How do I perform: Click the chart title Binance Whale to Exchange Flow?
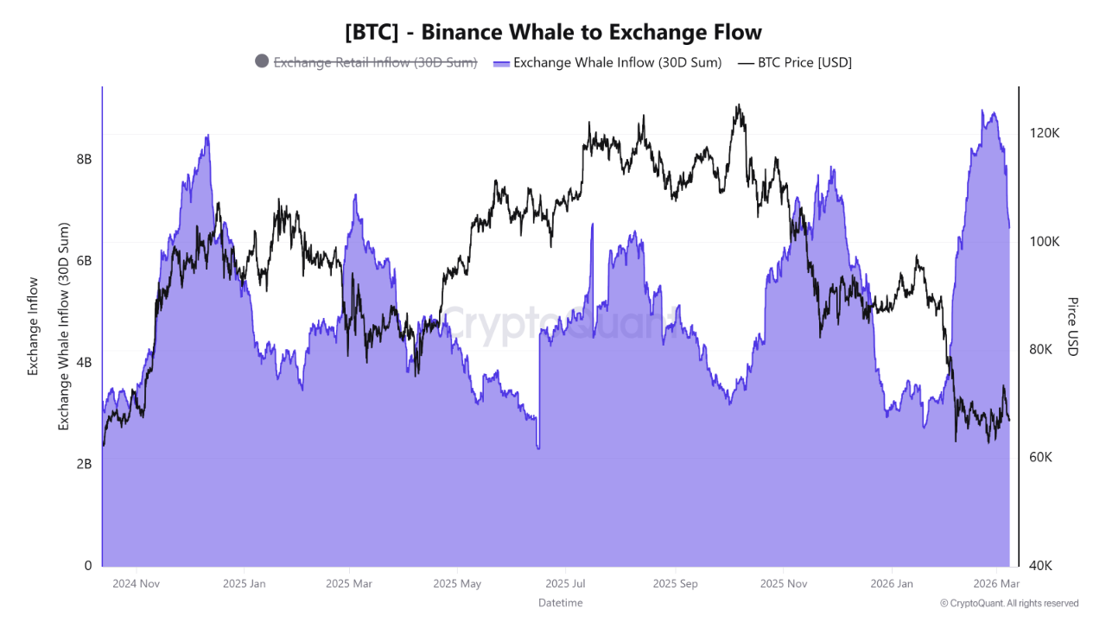point(553,32)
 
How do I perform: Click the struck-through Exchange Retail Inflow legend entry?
point(375,62)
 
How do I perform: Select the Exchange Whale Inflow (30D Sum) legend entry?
point(617,62)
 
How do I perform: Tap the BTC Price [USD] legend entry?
point(804,62)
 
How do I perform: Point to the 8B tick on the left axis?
point(84,159)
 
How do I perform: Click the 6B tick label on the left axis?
point(84,261)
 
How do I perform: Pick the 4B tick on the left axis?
point(84,362)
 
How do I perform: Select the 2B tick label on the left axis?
point(84,464)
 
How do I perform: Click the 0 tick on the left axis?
point(87,566)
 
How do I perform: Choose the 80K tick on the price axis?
point(1041,350)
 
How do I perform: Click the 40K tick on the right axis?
point(1041,566)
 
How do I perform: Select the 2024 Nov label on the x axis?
point(137,584)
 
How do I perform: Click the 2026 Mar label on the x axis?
point(996,584)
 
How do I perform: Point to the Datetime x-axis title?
point(560,603)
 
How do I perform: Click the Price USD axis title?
point(1072,327)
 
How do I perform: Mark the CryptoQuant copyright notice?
point(1008,603)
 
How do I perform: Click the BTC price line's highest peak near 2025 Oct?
point(738,105)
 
